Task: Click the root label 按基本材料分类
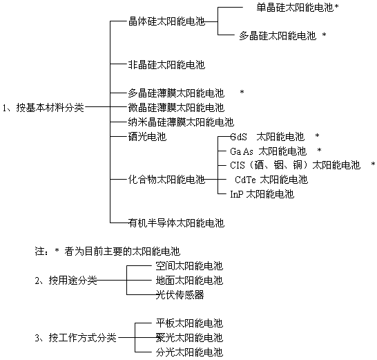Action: tap(50, 108)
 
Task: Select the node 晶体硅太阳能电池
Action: tap(166, 21)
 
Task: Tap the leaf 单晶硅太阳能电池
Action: tap(296, 8)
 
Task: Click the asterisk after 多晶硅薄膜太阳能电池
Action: tap(242, 92)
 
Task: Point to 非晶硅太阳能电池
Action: tap(166, 65)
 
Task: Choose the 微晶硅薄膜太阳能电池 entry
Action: tap(176, 108)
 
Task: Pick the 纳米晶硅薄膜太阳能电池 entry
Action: tap(181, 122)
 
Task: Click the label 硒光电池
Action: tap(147, 137)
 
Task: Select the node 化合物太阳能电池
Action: tap(166, 179)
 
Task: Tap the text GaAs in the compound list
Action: tap(242, 151)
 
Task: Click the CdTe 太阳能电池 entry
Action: tap(271, 180)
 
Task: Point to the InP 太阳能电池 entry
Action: tap(262, 194)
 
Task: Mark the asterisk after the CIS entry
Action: tap(373, 164)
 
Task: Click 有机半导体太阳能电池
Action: tap(176, 222)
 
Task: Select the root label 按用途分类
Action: tap(73, 281)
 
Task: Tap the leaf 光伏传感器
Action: tap(180, 295)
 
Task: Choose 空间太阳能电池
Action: tap(189, 266)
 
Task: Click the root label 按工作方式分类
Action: tap(83, 338)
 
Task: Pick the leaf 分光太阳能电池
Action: tap(189, 352)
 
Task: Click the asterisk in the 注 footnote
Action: tap(57, 251)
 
